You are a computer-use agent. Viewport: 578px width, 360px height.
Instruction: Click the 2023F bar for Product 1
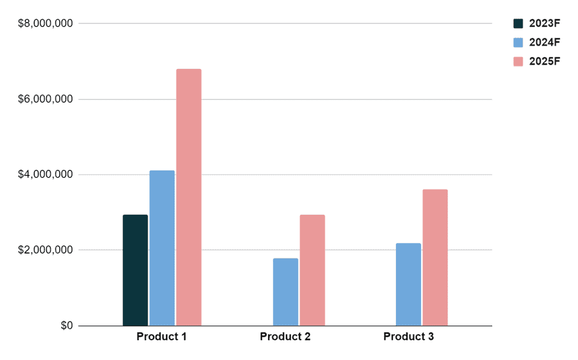click(x=135, y=270)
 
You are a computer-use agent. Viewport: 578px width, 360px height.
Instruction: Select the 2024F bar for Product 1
click(x=162, y=248)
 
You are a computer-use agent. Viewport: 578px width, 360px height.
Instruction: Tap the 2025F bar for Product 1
click(x=189, y=197)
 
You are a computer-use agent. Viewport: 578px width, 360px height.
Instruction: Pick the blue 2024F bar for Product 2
click(x=285, y=292)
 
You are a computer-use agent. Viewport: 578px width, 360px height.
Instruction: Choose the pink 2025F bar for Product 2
click(x=312, y=270)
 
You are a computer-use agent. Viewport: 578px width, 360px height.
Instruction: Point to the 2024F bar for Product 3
click(x=408, y=284)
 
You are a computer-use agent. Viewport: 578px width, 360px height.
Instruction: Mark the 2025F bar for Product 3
click(x=435, y=257)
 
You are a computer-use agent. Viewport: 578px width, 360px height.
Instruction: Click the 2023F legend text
click(x=544, y=23)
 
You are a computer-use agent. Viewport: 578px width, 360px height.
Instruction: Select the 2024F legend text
click(x=544, y=42)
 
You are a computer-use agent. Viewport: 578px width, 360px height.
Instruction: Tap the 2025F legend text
click(x=544, y=62)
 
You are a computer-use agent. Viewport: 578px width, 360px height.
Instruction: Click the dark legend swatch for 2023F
click(x=518, y=23)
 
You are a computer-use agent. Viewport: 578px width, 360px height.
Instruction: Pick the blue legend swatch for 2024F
click(x=518, y=42)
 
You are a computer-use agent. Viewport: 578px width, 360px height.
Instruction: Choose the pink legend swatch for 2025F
click(x=518, y=62)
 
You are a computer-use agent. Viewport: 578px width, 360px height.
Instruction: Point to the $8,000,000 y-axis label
click(x=46, y=23)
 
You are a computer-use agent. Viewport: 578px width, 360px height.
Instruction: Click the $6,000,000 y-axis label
click(x=46, y=99)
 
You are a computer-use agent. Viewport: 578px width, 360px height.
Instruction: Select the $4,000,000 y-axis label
click(x=46, y=175)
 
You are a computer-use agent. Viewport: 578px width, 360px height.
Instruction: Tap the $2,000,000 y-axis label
click(x=46, y=250)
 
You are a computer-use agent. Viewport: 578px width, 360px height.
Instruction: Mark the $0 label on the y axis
click(x=66, y=326)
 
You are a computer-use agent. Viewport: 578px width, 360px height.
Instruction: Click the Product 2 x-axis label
click(x=285, y=337)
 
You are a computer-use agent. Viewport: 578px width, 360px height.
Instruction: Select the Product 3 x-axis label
click(x=408, y=337)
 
